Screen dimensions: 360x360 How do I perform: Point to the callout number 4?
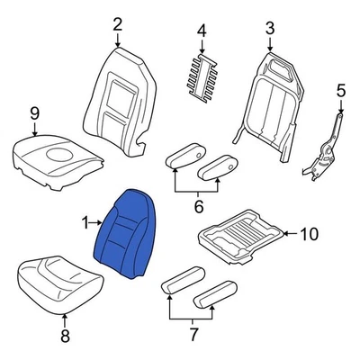(202, 31)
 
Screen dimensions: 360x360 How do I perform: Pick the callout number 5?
(340, 90)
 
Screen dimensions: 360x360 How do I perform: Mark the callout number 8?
(64, 337)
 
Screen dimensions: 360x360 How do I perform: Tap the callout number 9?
(34, 112)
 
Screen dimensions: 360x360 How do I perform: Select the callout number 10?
(309, 235)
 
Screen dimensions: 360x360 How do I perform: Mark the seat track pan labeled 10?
(242, 236)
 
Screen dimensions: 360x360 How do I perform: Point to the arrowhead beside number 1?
(101, 220)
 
